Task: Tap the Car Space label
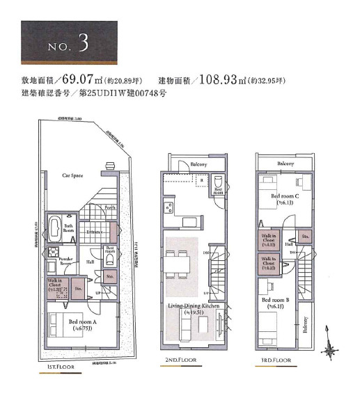72,175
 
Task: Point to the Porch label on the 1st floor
109,207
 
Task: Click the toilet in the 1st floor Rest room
109,260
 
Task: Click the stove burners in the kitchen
169,209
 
